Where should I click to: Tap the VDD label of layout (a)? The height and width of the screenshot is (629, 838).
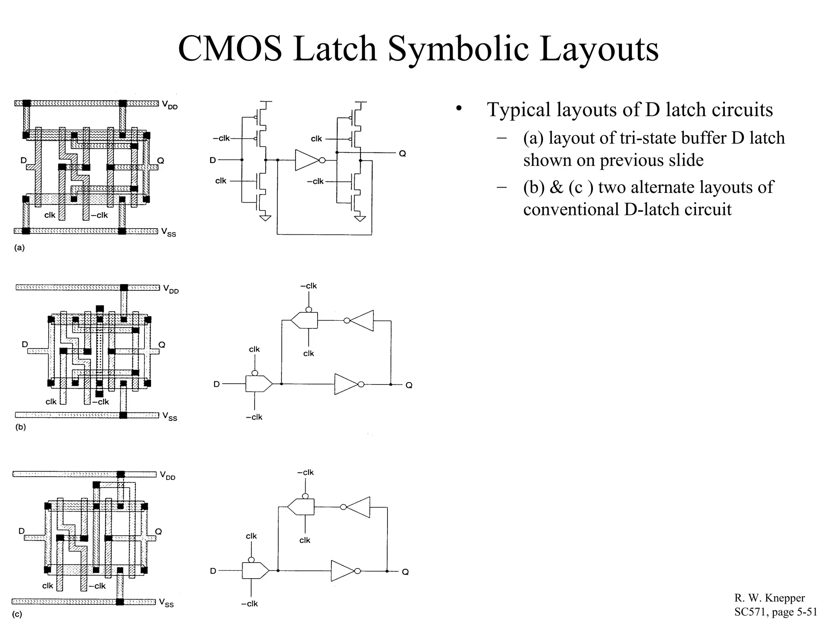pos(169,105)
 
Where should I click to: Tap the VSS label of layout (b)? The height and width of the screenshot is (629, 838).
pos(169,416)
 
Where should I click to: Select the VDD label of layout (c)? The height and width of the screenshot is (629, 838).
pos(167,475)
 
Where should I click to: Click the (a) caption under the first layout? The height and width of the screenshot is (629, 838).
pos(19,248)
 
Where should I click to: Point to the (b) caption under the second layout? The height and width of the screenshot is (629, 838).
pos(20,427)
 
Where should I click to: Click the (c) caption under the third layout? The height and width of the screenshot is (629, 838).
pos(17,614)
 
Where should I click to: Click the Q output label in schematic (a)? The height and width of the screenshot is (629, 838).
pos(402,154)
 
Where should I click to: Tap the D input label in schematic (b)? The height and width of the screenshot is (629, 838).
pos(216,384)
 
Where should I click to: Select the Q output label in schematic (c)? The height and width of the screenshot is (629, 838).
pos(405,572)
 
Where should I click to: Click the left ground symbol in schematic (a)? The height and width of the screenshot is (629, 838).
pos(265,217)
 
